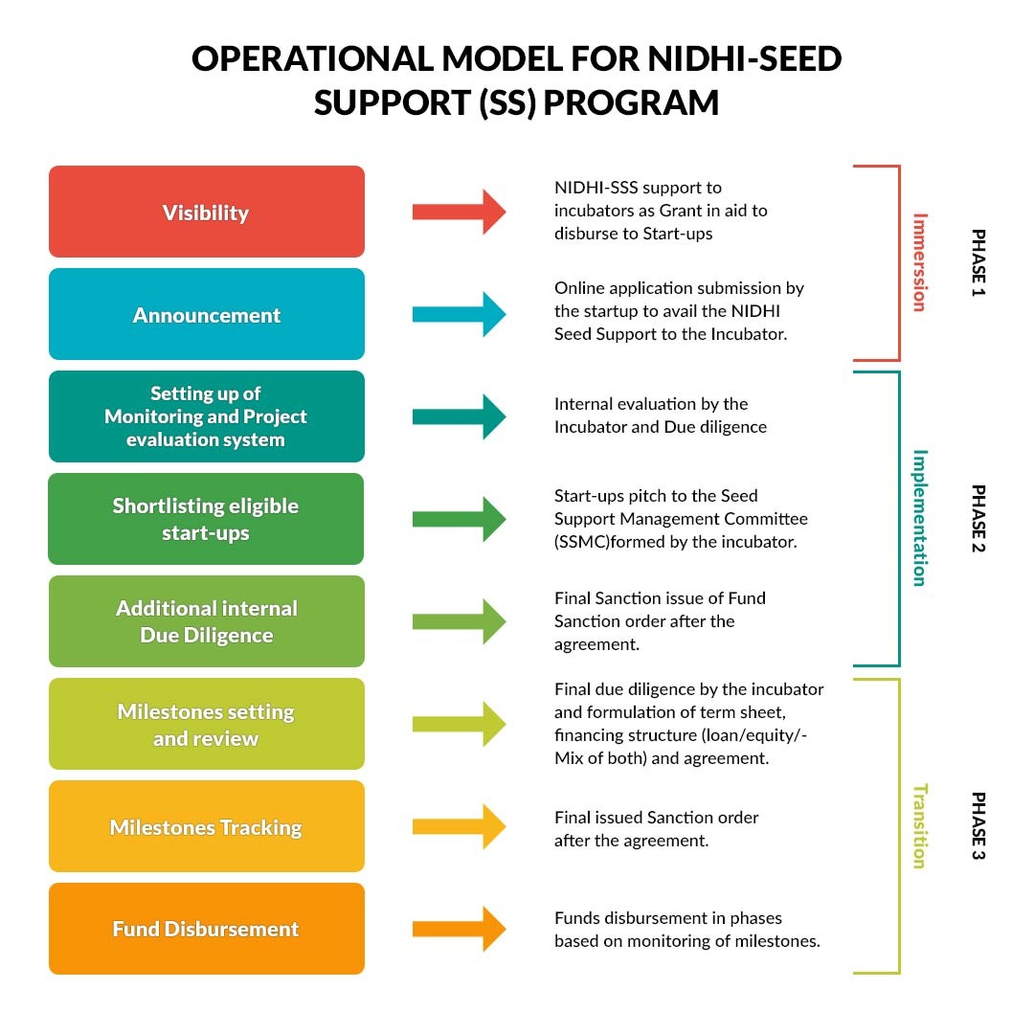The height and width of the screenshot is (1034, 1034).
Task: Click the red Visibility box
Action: tap(207, 212)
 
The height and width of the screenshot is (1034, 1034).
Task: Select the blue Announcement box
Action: tap(207, 314)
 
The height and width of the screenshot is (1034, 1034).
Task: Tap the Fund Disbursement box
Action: tap(207, 929)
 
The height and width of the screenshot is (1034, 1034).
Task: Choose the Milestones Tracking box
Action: tap(207, 826)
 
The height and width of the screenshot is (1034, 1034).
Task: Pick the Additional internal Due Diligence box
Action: tap(207, 621)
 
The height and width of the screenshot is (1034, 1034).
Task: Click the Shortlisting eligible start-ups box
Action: tap(206, 519)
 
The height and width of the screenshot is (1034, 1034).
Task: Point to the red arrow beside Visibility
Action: tap(459, 212)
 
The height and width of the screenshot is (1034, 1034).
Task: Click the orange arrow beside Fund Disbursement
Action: tap(459, 929)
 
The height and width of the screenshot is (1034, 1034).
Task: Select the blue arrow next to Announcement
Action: tap(459, 314)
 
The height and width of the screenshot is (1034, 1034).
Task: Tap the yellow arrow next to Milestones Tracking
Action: tap(459, 826)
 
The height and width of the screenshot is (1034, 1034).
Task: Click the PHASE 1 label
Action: tap(978, 262)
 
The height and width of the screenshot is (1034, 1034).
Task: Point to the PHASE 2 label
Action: tap(978, 518)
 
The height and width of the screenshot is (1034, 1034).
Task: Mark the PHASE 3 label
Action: tap(978, 825)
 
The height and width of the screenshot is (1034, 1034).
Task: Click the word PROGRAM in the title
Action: tap(631, 102)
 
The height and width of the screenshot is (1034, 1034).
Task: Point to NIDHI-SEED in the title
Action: tap(745, 58)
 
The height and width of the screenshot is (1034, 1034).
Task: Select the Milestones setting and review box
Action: tap(207, 724)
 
